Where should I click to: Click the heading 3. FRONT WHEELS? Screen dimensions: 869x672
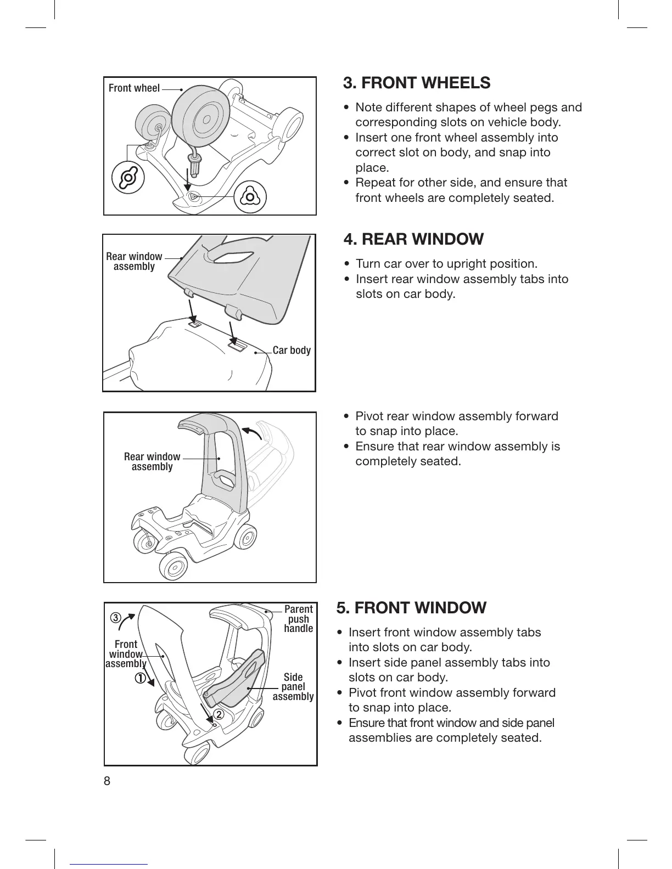pos(417,83)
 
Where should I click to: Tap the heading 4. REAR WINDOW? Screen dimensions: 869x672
pos(413,239)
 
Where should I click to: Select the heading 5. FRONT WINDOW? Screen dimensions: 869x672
pos(411,608)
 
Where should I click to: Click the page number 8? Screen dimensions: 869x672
pos(107,781)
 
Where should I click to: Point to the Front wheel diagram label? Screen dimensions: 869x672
pos(134,88)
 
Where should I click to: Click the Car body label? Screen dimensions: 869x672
pos(292,350)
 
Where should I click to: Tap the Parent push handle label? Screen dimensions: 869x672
pos(298,619)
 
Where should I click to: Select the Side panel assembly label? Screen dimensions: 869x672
pos(293,687)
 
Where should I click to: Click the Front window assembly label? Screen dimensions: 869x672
pos(126,654)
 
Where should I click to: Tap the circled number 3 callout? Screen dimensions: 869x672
pos(115,618)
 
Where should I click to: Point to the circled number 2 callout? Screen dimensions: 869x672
pos(218,715)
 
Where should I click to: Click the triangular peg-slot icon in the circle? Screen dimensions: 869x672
pos(250,196)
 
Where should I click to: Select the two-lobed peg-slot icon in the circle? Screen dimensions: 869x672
pos(128,178)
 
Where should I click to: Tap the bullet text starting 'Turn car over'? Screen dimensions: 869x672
pos(446,264)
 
